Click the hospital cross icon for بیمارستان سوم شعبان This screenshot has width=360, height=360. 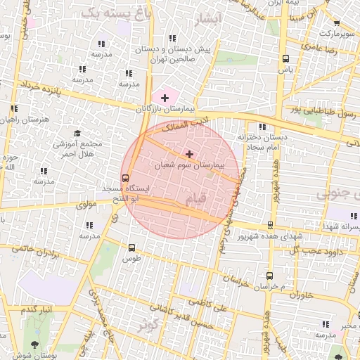click(x=189, y=153)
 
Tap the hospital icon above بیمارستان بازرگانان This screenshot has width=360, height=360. click(x=165, y=98)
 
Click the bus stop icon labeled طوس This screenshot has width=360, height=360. click(x=131, y=247)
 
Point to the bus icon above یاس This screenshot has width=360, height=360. click(x=285, y=59)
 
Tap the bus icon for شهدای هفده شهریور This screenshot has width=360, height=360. click(x=271, y=226)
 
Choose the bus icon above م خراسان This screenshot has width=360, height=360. click(x=269, y=276)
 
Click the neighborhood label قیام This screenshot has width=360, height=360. click(x=198, y=200)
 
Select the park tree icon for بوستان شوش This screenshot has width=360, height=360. click(x=35, y=344)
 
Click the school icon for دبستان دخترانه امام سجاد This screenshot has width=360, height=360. click(x=262, y=127)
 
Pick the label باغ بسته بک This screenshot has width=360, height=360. click(x=115, y=13)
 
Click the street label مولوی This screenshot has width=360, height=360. click(x=84, y=205)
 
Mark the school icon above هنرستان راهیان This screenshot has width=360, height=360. click(x=13, y=108)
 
